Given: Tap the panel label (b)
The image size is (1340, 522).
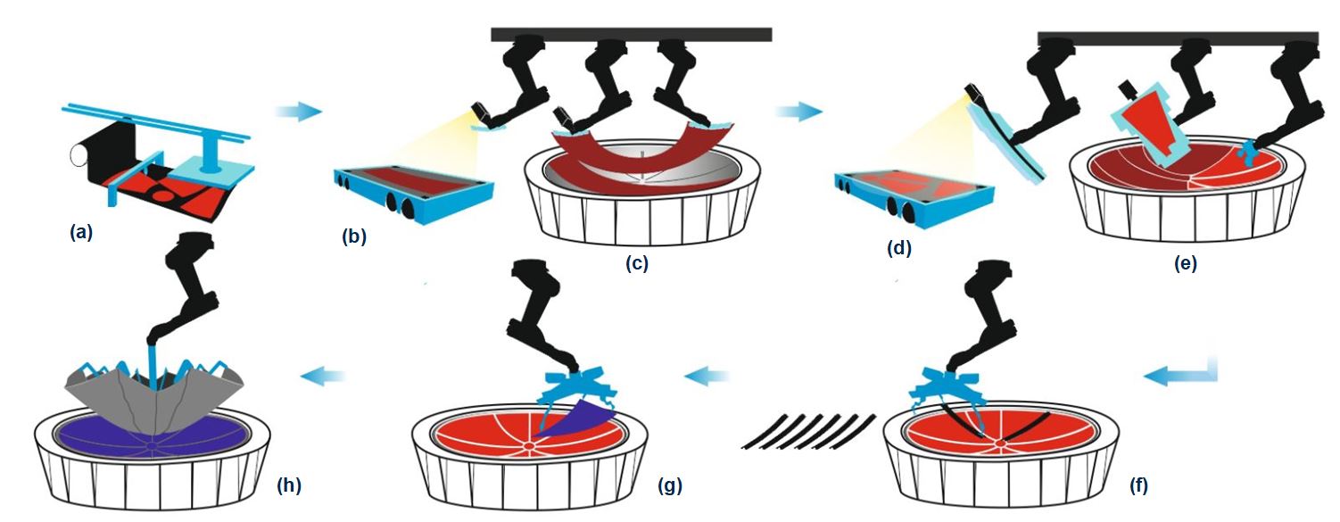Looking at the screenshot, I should click(x=354, y=237).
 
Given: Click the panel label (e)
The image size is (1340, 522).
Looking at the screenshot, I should click(x=1186, y=263).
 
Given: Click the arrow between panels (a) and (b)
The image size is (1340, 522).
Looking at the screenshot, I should click(x=298, y=112).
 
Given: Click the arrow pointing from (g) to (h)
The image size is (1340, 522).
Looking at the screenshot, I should click(x=323, y=377).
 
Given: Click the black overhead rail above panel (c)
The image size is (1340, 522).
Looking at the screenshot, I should click(x=631, y=34).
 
